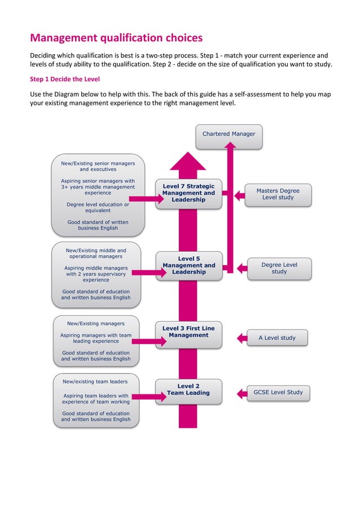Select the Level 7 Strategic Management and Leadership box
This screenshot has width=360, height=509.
tap(188, 194)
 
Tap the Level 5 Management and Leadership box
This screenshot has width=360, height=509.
tap(188, 266)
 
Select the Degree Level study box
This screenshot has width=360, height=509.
tap(279, 268)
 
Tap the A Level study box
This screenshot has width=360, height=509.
tap(276, 338)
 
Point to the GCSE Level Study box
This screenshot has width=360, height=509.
tap(278, 392)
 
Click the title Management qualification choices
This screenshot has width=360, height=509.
tap(116, 38)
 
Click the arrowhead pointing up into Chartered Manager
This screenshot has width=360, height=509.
tap(230, 146)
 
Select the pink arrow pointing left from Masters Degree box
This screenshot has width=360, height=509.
tap(239, 195)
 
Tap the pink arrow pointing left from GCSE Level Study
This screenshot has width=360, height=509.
tap(240, 393)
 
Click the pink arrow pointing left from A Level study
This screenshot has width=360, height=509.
tap(242, 338)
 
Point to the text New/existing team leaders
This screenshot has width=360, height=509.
tap(95, 381)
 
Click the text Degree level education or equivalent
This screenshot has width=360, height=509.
tap(98, 208)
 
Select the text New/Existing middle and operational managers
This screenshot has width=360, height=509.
tap(96, 253)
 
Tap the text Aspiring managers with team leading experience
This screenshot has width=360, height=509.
tap(96, 338)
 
